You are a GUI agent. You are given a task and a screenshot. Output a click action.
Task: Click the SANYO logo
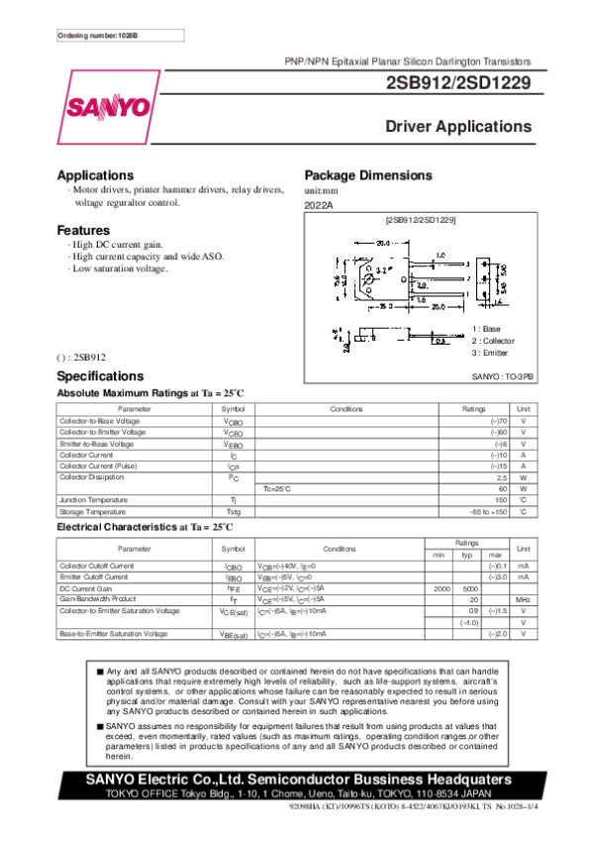click(109, 107)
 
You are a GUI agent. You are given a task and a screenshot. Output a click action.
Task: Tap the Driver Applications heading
click(458, 127)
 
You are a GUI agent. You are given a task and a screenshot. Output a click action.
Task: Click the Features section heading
click(83, 231)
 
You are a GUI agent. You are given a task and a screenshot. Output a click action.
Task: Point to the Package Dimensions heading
click(368, 174)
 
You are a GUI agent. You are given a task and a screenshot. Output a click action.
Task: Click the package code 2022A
click(320, 205)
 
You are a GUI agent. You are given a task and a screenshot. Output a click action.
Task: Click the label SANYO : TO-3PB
click(502, 377)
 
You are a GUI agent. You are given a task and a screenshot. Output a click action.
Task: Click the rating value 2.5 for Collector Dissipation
click(501, 477)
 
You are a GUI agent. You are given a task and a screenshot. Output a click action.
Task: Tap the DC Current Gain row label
click(88, 588)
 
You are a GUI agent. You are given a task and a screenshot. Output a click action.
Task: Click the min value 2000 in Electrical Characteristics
click(442, 588)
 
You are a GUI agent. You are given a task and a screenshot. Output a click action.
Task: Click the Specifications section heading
click(101, 376)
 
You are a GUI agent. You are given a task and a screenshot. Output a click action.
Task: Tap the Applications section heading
click(95, 174)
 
